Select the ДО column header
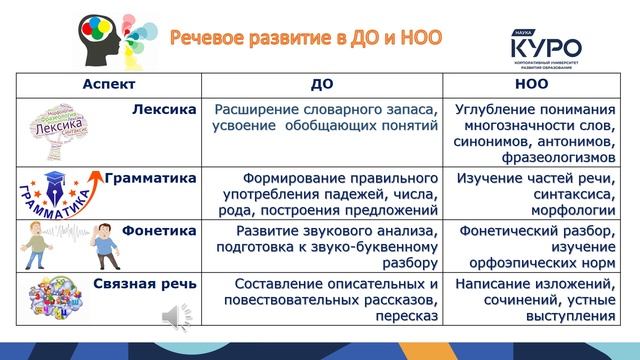[x=322, y=85]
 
